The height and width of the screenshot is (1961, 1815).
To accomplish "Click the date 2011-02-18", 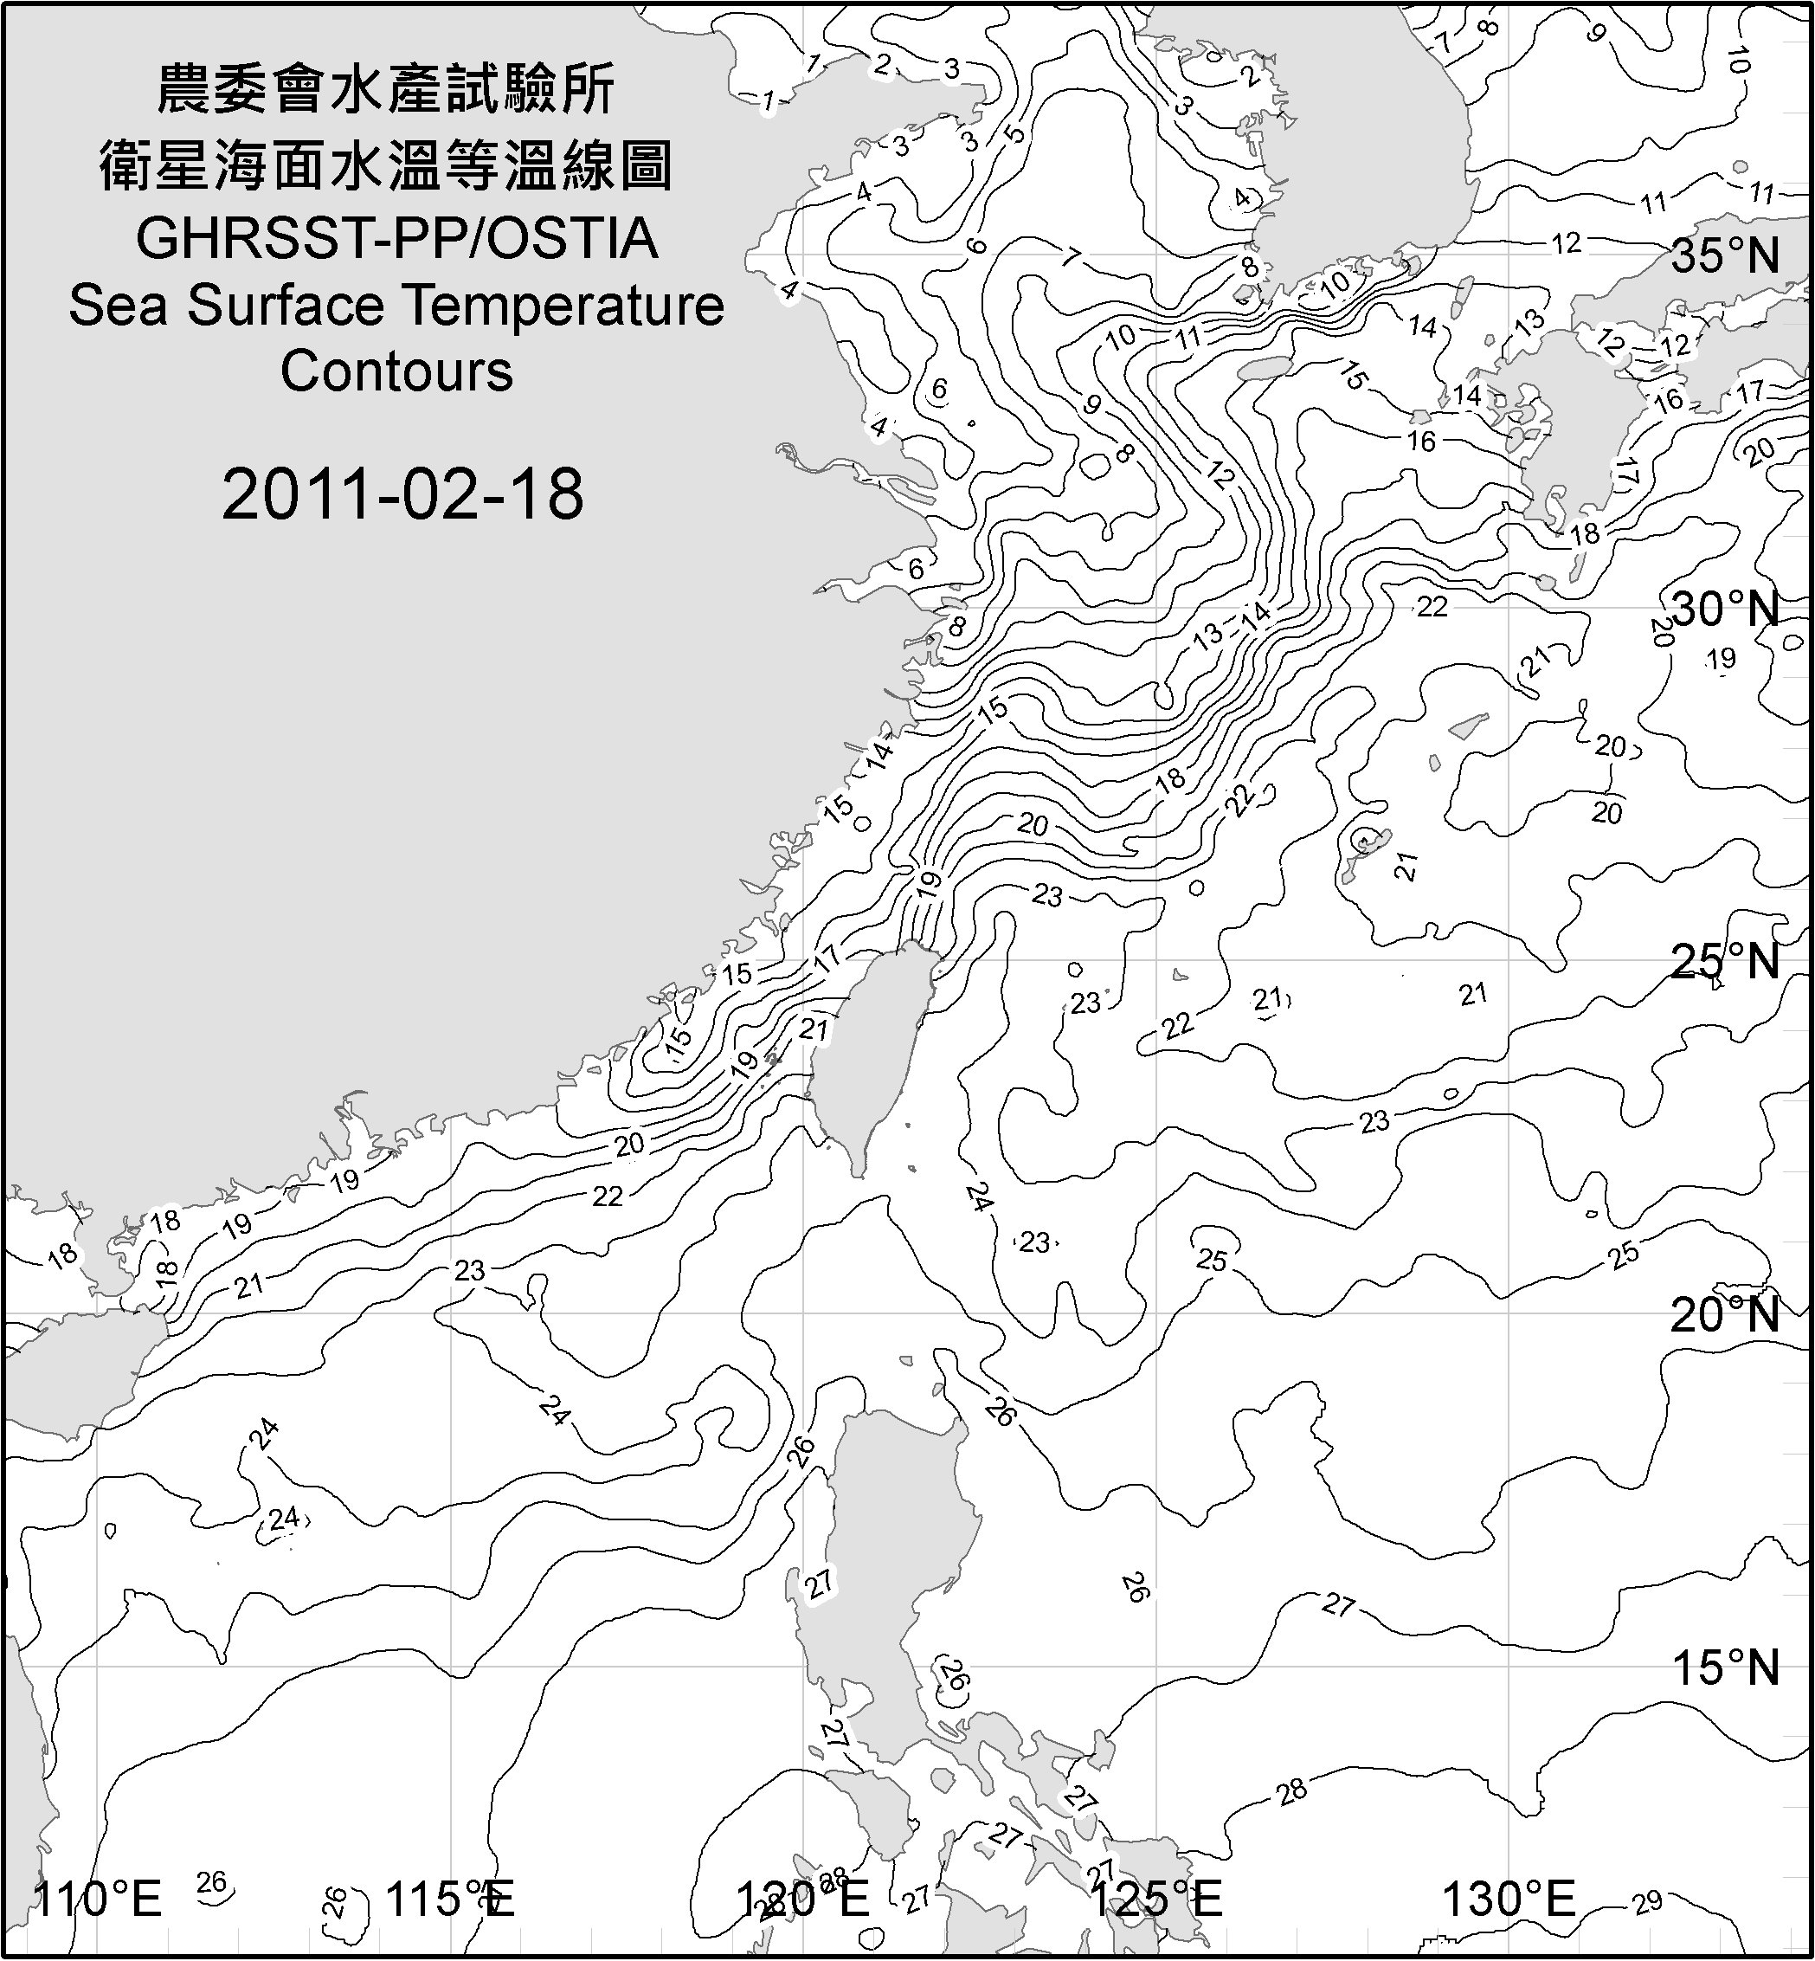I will pos(402,494).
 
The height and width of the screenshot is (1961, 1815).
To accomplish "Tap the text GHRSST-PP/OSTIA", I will pos(396,239).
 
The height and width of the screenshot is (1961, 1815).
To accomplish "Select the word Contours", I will pos(396,371).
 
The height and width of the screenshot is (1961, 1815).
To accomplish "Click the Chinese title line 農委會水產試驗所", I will pos(386,90).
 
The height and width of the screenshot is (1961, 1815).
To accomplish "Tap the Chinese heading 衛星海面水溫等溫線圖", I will pos(386,165).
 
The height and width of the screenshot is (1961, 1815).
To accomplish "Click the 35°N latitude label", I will pos(1726,256).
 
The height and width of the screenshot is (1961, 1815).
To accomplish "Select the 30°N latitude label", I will pos(1726,610).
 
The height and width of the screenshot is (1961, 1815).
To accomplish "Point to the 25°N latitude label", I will pos(1726,962).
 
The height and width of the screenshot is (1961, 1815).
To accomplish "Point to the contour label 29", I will pos(1647,1903).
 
